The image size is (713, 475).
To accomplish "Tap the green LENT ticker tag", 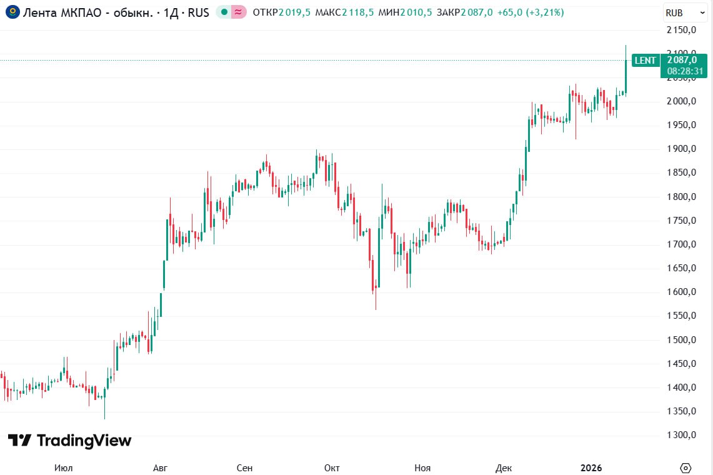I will tap(645, 61).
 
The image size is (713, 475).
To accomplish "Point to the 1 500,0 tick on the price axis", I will tap(682, 340).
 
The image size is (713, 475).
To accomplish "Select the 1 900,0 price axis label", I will tap(682, 149).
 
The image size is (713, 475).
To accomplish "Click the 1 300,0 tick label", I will tap(682, 435).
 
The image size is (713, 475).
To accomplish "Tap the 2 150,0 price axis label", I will tap(682, 30).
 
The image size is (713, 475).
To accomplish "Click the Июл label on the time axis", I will tap(63, 467).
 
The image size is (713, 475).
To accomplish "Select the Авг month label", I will tap(160, 467).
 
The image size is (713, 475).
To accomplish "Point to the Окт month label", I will tap(332, 467).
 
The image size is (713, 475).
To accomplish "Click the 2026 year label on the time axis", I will tap(591, 467).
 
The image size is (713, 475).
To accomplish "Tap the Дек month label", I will tap(503, 467).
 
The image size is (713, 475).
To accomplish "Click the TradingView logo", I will tap(70, 441).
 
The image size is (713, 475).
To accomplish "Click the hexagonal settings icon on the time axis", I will tap(686, 467).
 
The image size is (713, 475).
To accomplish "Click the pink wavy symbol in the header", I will tap(238, 12).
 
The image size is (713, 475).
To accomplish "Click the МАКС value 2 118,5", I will tap(357, 12).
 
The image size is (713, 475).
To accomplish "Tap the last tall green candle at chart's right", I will tap(626, 75).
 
